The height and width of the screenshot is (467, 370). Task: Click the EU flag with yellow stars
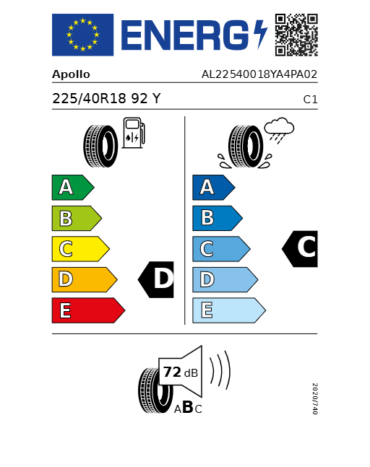point(82,35)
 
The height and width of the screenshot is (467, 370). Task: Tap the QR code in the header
point(296,35)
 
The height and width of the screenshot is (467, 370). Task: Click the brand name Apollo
point(71,74)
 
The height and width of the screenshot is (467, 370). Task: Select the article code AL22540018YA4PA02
point(259,74)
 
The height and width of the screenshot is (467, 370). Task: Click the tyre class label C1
point(310,100)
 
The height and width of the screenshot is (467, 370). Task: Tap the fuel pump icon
point(133,134)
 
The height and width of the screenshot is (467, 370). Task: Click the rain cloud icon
point(278,130)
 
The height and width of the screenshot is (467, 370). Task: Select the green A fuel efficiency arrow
point(72,188)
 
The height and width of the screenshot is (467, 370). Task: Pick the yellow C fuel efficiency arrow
point(79,249)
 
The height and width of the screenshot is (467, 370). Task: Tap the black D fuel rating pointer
point(157,279)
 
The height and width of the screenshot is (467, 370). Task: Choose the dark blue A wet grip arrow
point(212,188)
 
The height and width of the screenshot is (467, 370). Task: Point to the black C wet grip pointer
point(301,248)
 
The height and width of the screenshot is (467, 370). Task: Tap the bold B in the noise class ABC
point(187,408)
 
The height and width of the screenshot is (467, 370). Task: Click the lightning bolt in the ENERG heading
point(260,35)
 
